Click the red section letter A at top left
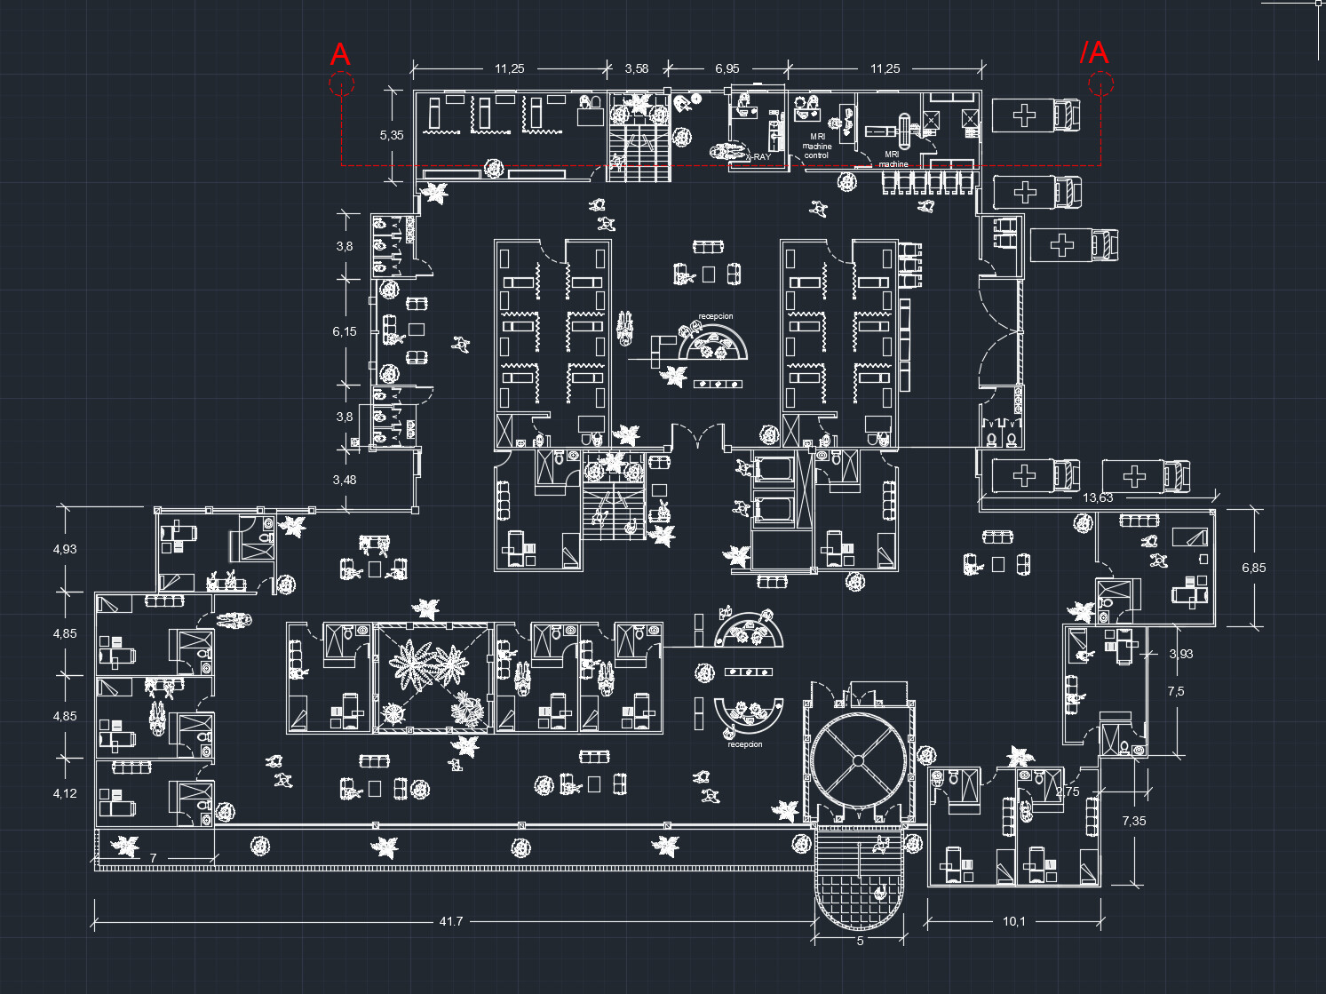click(340, 55)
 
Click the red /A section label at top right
click(1094, 52)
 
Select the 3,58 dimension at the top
click(636, 68)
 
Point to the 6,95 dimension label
click(727, 68)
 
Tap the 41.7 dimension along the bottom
click(451, 921)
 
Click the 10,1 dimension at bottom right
click(1013, 921)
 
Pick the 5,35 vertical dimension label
click(391, 135)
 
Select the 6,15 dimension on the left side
click(345, 331)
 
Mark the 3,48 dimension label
click(345, 480)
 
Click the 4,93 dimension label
click(65, 549)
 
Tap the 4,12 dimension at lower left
click(65, 793)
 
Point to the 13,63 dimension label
click(1098, 497)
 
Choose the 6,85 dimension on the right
click(1253, 568)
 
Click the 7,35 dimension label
click(1133, 821)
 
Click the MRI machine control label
click(816, 147)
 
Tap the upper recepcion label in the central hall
click(716, 316)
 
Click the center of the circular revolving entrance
click(858, 759)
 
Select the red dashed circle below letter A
click(341, 84)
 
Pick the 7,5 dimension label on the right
click(1175, 691)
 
